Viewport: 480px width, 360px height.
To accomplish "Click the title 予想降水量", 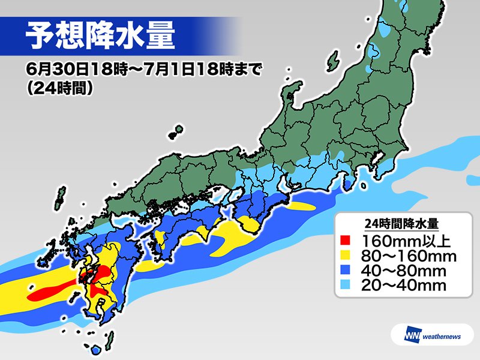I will [100, 37].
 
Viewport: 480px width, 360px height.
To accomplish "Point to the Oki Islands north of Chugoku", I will [176, 131].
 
